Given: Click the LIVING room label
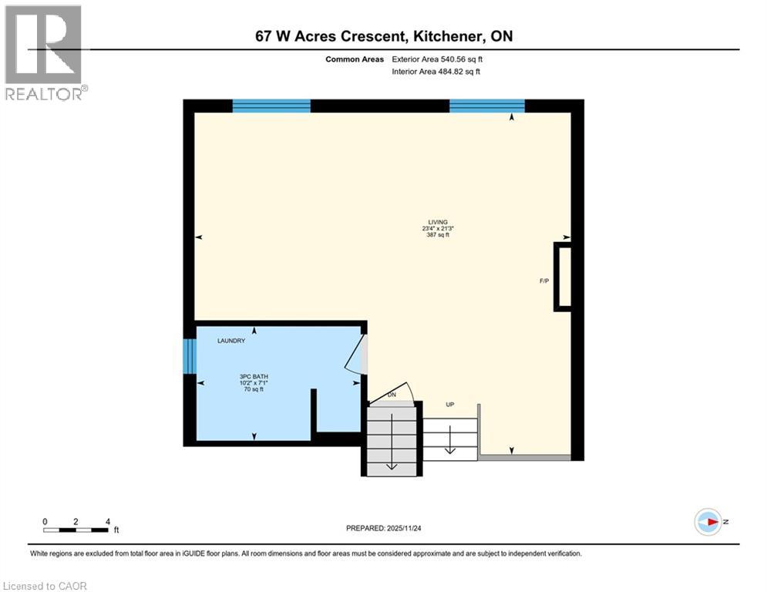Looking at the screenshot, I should coord(438,222).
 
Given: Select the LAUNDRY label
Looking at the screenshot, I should coord(231,341).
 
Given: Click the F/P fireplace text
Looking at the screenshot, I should coord(543,281).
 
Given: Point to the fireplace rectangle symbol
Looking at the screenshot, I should coord(563,277).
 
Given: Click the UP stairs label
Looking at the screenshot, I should coord(449,404).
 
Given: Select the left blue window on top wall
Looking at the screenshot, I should coord(271,106).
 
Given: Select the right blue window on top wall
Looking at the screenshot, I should coord(486,106).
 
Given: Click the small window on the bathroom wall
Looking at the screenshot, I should coord(190,356).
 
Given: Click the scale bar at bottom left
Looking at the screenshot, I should coord(76,530).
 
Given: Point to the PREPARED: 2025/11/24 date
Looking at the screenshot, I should coord(384,528).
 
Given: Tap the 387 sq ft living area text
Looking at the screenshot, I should coord(438,235).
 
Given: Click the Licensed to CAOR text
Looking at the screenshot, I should coord(45,586).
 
